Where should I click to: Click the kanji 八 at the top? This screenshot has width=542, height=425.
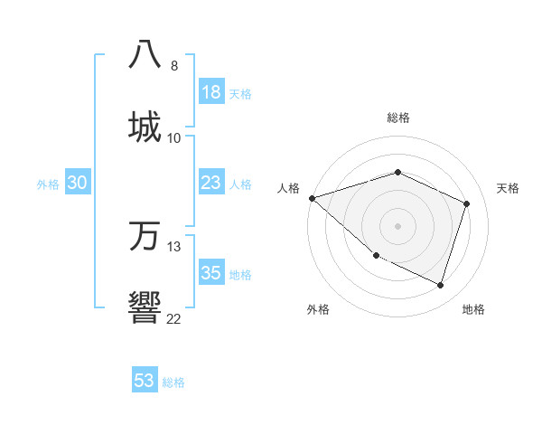coord(145,53)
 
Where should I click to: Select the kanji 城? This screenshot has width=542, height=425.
coord(145,126)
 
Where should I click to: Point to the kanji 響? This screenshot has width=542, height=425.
coord(145,308)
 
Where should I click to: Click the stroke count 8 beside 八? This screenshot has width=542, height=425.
coord(174,65)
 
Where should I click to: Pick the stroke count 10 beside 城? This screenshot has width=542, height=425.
coord(174,137)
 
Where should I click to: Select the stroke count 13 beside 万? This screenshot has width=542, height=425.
coord(174,247)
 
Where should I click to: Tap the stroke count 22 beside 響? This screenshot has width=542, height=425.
coord(174,318)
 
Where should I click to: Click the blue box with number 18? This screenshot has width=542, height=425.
coord(211,92)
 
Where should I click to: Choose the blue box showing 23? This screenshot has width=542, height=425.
coord(211,183)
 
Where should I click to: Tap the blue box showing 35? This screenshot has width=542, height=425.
coord(211,273)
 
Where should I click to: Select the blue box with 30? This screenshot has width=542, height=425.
coord(78,183)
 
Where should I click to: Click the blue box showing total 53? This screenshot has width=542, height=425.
coord(145,381)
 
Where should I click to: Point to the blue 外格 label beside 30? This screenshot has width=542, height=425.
coord(48,184)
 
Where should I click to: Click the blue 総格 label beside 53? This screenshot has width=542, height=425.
coord(173,382)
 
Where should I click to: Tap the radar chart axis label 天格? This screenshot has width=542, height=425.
coord(508,188)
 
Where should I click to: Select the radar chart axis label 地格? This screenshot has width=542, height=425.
coord(473,309)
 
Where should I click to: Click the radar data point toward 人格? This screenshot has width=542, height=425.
coord(312,198)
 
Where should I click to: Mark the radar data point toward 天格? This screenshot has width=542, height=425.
coord(467,203)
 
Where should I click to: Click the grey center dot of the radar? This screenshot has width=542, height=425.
coord(397,226)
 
